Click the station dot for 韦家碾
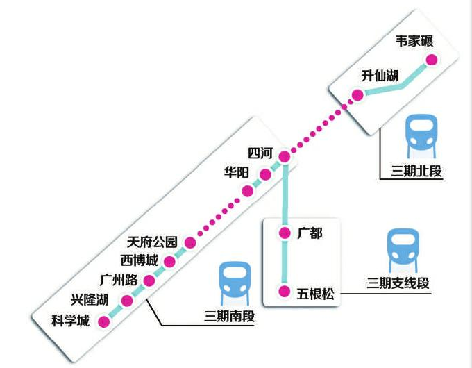(x=432, y=60)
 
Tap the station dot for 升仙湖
(x=357, y=95)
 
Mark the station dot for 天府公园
(x=190, y=243)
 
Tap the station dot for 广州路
(x=149, y=281)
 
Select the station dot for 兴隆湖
(x=126, y=301)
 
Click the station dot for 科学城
(x=104, y=321)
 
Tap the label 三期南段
(x=229, y=317)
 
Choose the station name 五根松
(x=315, y=294)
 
